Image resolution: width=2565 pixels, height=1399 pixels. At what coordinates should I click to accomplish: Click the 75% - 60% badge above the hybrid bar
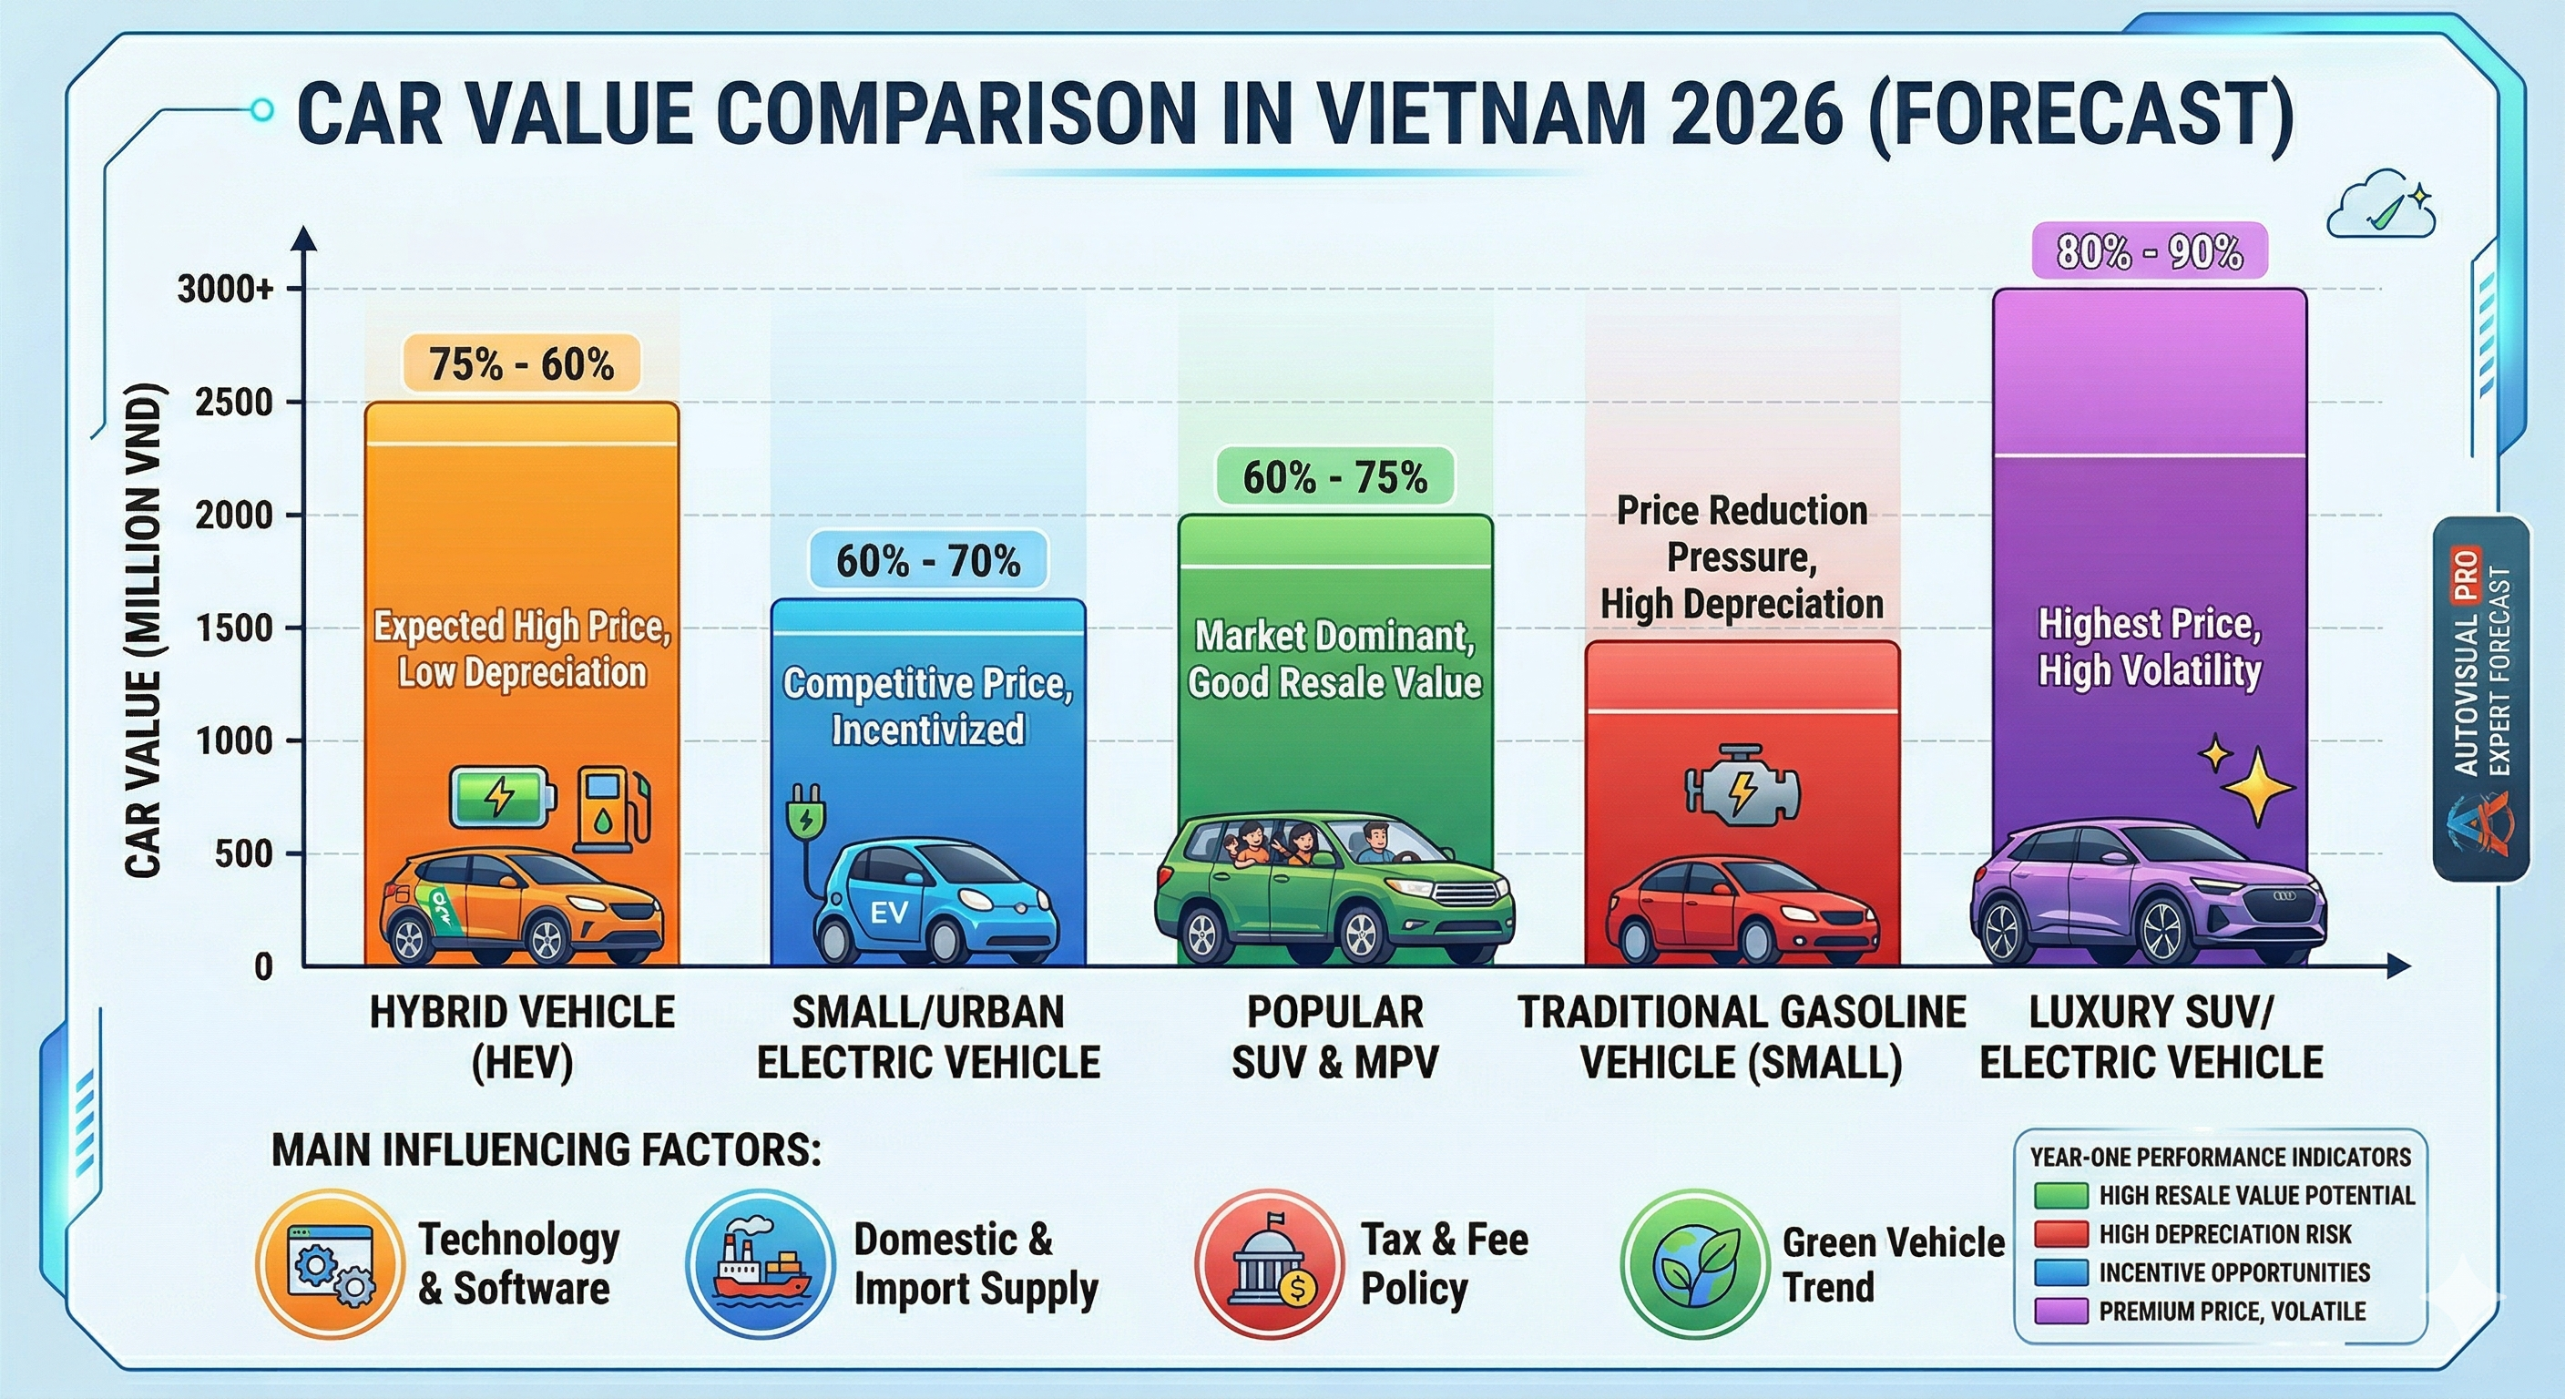coord(521,364)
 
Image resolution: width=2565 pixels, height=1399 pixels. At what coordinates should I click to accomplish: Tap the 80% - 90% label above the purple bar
coord(2149,252)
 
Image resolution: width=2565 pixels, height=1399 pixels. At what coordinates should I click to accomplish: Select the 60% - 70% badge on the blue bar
coord(928,560)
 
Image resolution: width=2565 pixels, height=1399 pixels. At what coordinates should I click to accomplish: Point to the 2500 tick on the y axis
coord(234,403)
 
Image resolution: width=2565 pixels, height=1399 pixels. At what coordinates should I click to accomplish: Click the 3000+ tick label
coord(225,289)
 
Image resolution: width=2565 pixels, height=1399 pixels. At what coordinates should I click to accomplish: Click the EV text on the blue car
coord(889,912)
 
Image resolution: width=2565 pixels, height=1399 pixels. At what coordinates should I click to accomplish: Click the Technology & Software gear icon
coord(330,1263)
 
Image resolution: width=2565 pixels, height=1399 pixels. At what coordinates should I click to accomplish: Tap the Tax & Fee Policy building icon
coord(1270,1263)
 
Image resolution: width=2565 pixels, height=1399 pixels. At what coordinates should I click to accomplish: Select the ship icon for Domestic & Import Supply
coord(760,1263)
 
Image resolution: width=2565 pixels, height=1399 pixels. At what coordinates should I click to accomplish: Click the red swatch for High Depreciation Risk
coord(2060,1234)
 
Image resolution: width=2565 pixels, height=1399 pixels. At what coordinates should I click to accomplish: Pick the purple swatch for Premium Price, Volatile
coord(2060,1311)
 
